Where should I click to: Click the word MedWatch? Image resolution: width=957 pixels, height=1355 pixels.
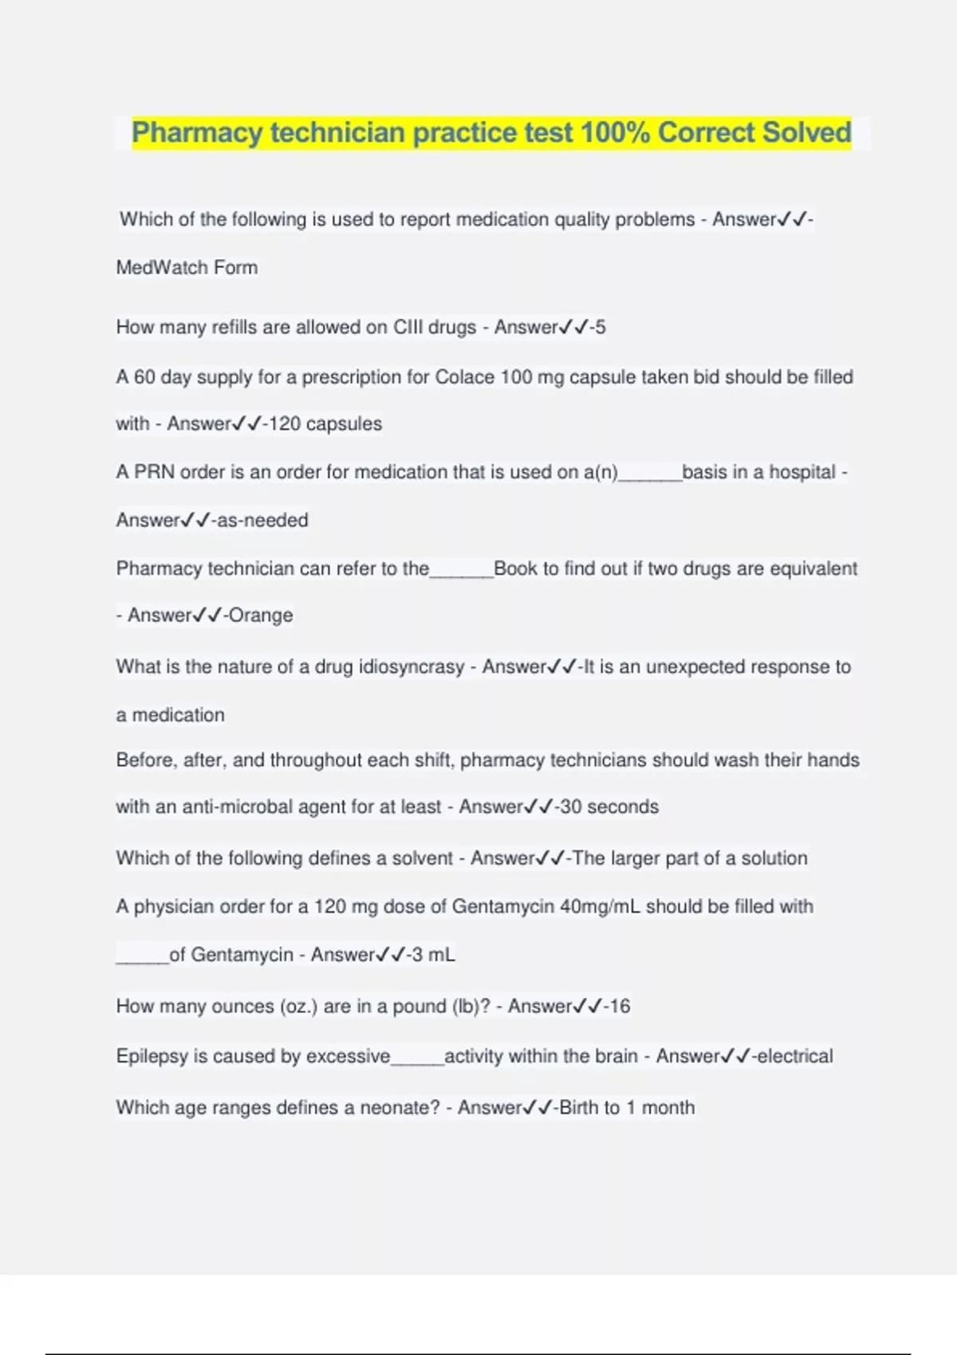coord(162,268)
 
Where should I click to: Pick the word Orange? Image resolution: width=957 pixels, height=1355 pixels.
coord(261,615)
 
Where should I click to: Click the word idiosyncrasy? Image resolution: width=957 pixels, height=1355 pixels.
coord(412,667)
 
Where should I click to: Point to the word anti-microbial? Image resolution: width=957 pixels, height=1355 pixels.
coord(238,807)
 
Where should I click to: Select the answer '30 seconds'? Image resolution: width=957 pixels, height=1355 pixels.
coord(609,807)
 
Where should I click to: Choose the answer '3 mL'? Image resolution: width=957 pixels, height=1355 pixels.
coord(431,955)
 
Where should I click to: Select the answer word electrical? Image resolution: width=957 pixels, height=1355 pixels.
coord(794,1057)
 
